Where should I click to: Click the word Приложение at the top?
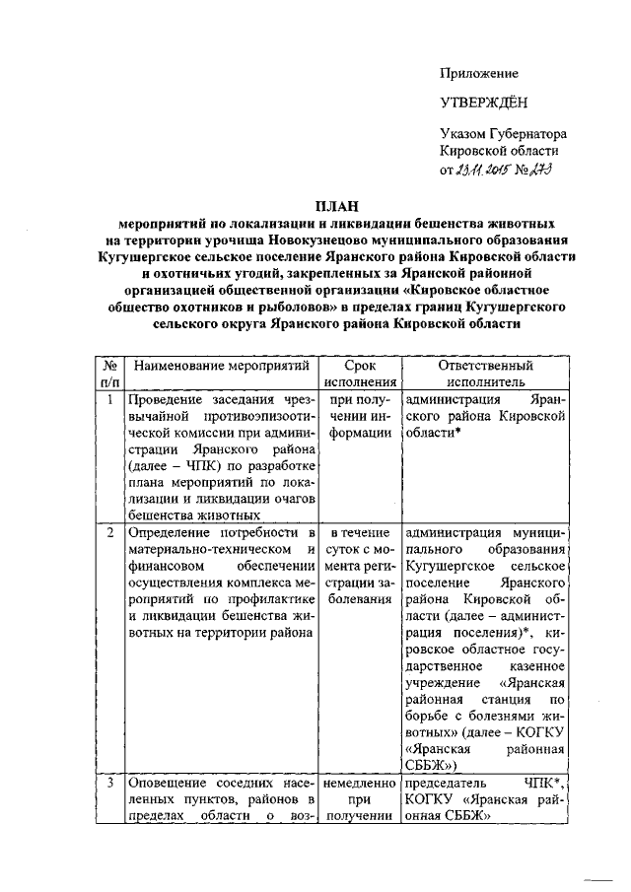click(x=479, y=74)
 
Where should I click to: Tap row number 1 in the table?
click(x=109, y=400)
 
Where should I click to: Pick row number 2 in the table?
click(x=109, y=532)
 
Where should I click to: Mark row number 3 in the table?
click(x=109, y=783)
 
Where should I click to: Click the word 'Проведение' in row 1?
click(x=167, y=400)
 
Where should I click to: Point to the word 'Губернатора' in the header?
click(x=527, y=134)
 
